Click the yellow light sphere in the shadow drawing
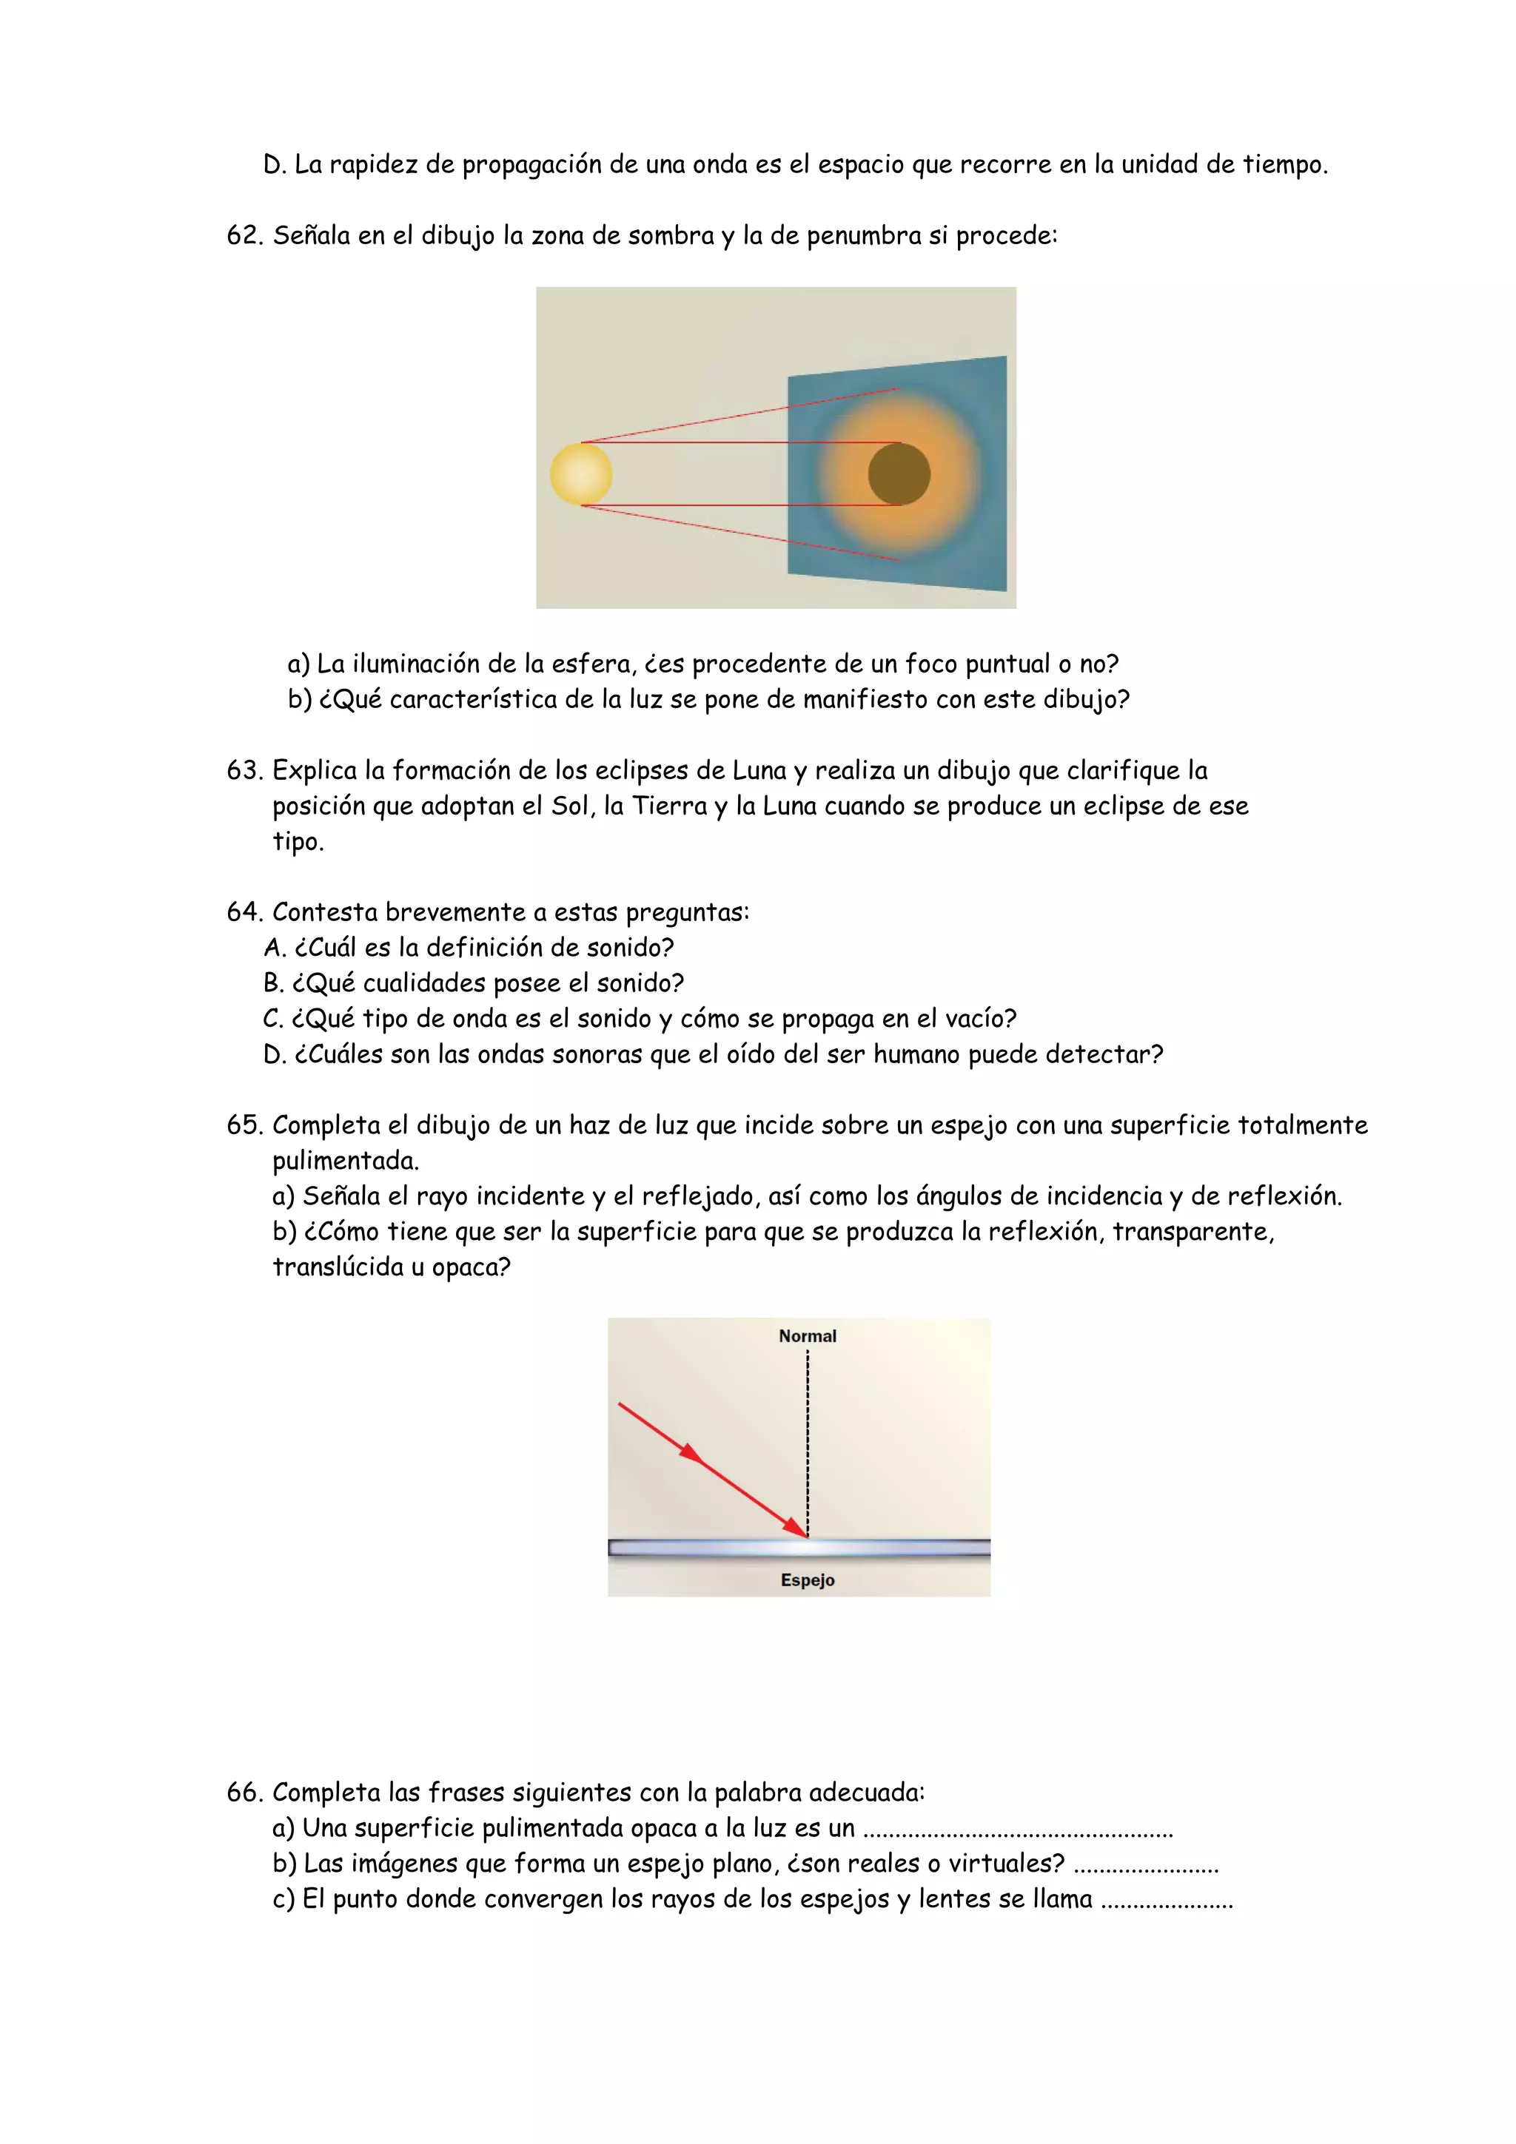pyautogui.click(x=580, y=474)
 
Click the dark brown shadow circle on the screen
pyautogui.click(x=899, y=474)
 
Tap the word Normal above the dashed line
pyautogui.click(x=807, y=1336)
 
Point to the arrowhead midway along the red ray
pyautogui.click(x=691, y=1453)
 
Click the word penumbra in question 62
pyautogui.click(x=864, y=236)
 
